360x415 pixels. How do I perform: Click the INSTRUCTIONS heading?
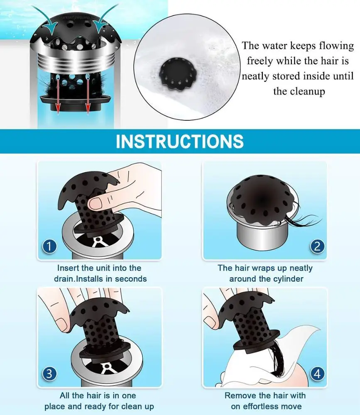click(x=180, y=142)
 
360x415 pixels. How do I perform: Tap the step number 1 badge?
click(x=49, y=247)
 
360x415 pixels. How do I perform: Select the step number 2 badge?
click(x=317, y=247)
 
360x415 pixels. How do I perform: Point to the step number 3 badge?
click(x=49, y=374)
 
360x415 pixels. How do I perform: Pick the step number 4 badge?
click(x=317, y=374)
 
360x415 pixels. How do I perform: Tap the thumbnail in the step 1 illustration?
click(x=96, y=204)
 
